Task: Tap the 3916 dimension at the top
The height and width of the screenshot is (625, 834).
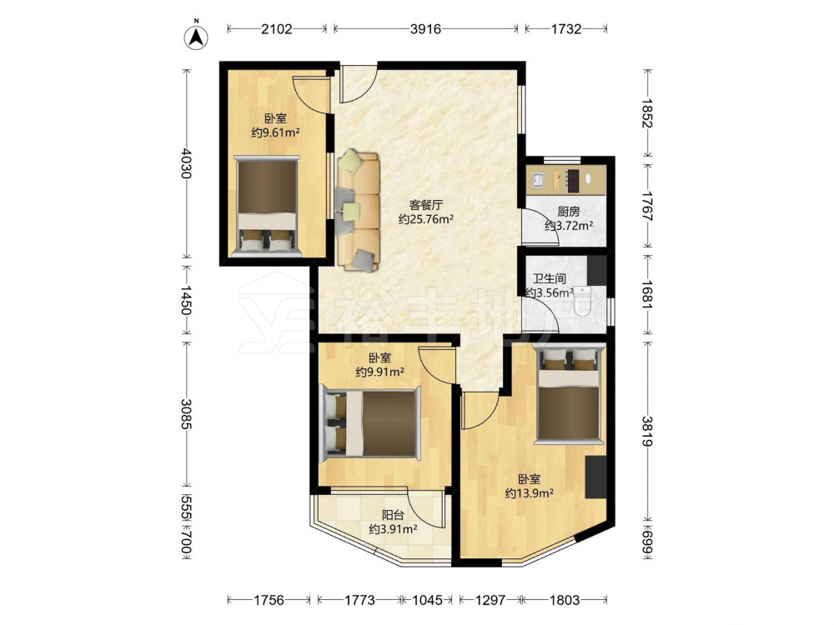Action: (425, 28)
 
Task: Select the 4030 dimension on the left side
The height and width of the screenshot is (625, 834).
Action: (186, 162)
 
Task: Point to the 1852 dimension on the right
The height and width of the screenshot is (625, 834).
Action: (647, 113)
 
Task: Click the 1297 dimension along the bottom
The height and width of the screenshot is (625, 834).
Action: (490, 600)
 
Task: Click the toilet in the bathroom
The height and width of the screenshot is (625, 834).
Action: (583, 302)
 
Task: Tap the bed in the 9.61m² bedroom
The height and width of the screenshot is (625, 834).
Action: (267, 206)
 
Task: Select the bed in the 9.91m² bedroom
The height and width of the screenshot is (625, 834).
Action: (371, 423)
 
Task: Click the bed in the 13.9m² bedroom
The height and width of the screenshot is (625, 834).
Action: (569, 392)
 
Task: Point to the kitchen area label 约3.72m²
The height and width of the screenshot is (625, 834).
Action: (569, 226)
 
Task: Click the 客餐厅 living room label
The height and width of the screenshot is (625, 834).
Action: (425, 205)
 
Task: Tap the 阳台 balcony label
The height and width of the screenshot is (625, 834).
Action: (393, 515)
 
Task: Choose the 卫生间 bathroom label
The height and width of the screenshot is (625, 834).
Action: (550, 278)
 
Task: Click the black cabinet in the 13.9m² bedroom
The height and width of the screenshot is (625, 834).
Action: (595, 477)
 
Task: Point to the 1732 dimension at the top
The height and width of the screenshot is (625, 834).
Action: (566, 28)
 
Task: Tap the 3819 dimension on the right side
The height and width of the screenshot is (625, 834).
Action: (647, 431)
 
